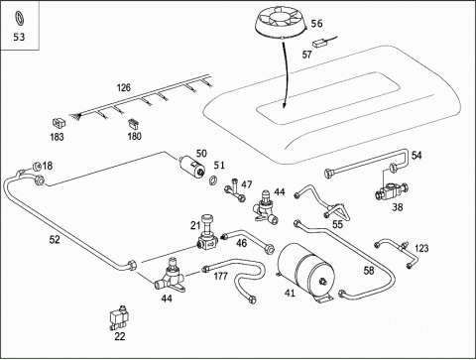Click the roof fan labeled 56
pyautogui.click(x=281, y=22)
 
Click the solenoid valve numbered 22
pyautogui.click(x=118, y=318)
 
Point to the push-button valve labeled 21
pyautogui.click(x=207, y=232)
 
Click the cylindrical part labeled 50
pyautogui.click(x=192, y=166)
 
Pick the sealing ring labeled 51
pyautogui.click(x=213, y=180)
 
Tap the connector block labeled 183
pyautogui.click(x=59, y=123)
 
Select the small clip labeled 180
pyautogui.click(x=134, y=123)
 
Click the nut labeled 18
pyautogui.click(x=37, y=166)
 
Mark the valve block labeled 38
pyautogui.click(x=392, y=191)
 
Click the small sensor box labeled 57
pyautogui.click(x=319, y=44)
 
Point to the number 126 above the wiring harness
pyautogui.click(x=124, y=87)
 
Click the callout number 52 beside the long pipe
pyautogui.click(x=55, y=239)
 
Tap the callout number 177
pyautogui.click(x=220, y=276)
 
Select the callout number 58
pyautogui.click(x=369, y=271)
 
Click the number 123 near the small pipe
pyautogui.click(x=421, y=248)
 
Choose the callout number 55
pyautogui.click(x=337, y=224)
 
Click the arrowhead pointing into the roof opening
pyautogui.click(x=284, y=104)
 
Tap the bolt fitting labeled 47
pyautogui.click(x=235, y=190)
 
